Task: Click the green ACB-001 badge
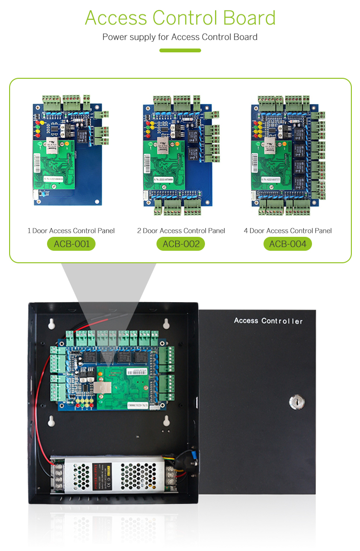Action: tap(71, 244)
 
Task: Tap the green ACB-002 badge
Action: tap(180, 244)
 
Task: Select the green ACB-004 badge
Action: tap(288, 244)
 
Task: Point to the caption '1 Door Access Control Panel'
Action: tap(71, 231)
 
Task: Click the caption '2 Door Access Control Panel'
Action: tap(181, 231)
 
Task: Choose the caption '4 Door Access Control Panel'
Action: tap(288, 231)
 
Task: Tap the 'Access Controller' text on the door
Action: tap(268, 320)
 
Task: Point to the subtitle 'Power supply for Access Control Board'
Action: tap(180, 37)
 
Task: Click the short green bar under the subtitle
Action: tap(180, 50)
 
